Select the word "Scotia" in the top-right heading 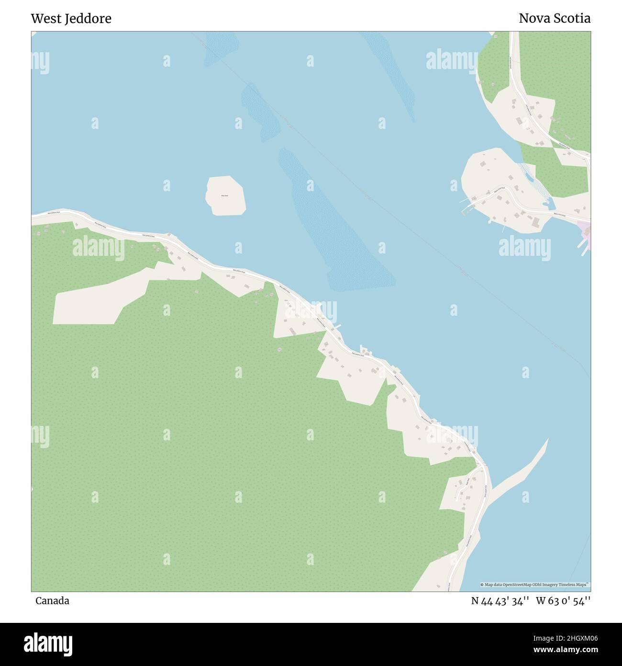[572, 19]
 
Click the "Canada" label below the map [52, 601]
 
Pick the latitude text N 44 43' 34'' [500, 601]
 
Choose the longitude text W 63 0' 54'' [563, 601]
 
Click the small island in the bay [226, 195]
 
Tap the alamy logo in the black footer [48, 643]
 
